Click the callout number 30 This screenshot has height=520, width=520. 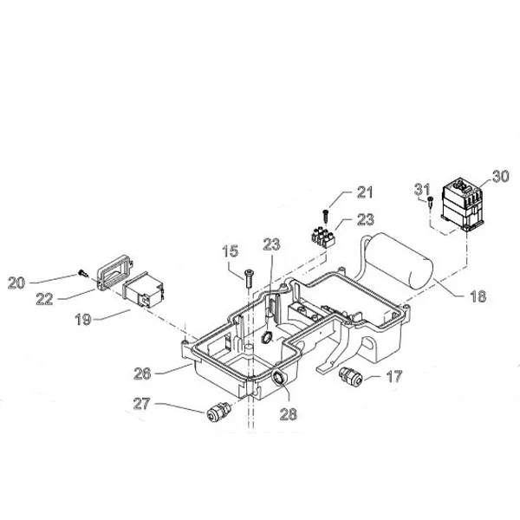click(500, 176)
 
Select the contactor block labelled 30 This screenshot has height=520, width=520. click(462, 204)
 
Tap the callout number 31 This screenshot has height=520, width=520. click(422, 190)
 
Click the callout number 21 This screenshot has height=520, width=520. click(364, 192)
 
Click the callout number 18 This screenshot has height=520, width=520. click(478, 296)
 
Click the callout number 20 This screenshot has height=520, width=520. click(16, 282)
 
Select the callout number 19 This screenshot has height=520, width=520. click(83, 319)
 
